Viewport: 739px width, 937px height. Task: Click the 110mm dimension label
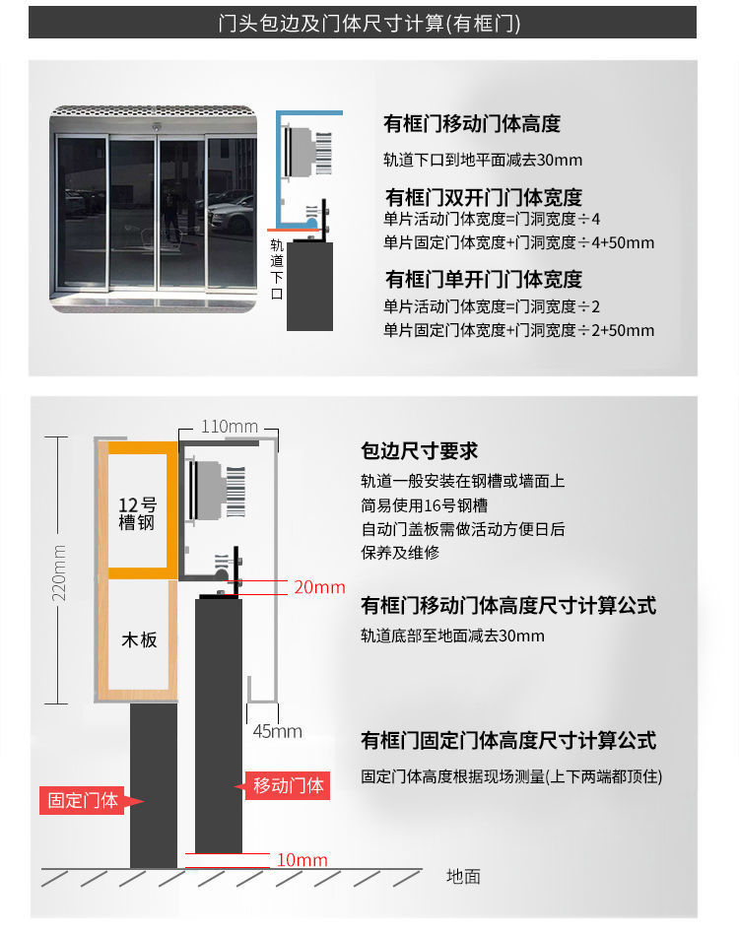tap(229, 427)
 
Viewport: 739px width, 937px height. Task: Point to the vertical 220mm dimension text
tap(59, 572)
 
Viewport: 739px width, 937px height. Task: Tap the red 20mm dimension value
tap(319, 587)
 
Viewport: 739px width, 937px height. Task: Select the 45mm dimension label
tap(277, 731)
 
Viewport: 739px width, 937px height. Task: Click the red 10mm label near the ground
tap(302, 860)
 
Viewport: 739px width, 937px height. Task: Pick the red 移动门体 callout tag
tap(288, 785)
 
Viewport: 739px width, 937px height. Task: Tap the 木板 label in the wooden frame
tap(137, 639)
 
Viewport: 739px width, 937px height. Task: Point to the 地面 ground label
tap(463, 875)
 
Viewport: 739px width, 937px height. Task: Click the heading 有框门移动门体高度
tap(471, 124)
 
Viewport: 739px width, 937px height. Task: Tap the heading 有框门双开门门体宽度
tap(483, 197)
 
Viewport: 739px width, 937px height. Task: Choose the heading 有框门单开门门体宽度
tap(483, 279)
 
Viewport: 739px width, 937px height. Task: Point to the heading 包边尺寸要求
tap(420, 451)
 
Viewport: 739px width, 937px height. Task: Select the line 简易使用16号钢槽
tap(424, 505)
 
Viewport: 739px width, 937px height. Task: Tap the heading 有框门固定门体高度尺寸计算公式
tap(508, 740)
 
